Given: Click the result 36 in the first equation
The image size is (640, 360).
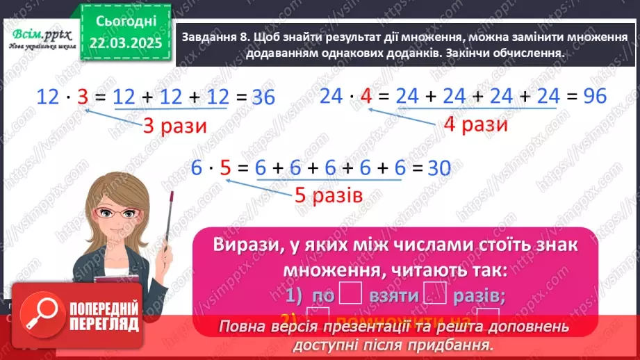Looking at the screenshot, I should (x=263, y=98).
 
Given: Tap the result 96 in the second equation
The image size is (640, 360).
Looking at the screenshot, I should (x=594, y=97).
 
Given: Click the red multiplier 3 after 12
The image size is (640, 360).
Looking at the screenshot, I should (x=83, y=98).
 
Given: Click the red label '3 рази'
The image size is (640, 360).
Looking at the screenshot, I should (x=171, y=126).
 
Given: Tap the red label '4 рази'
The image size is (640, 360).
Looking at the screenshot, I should (x=476, y=125).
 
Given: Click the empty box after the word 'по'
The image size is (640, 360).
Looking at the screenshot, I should (x=350, y=295).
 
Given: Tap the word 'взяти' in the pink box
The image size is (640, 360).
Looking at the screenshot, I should (x=390, y=296).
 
